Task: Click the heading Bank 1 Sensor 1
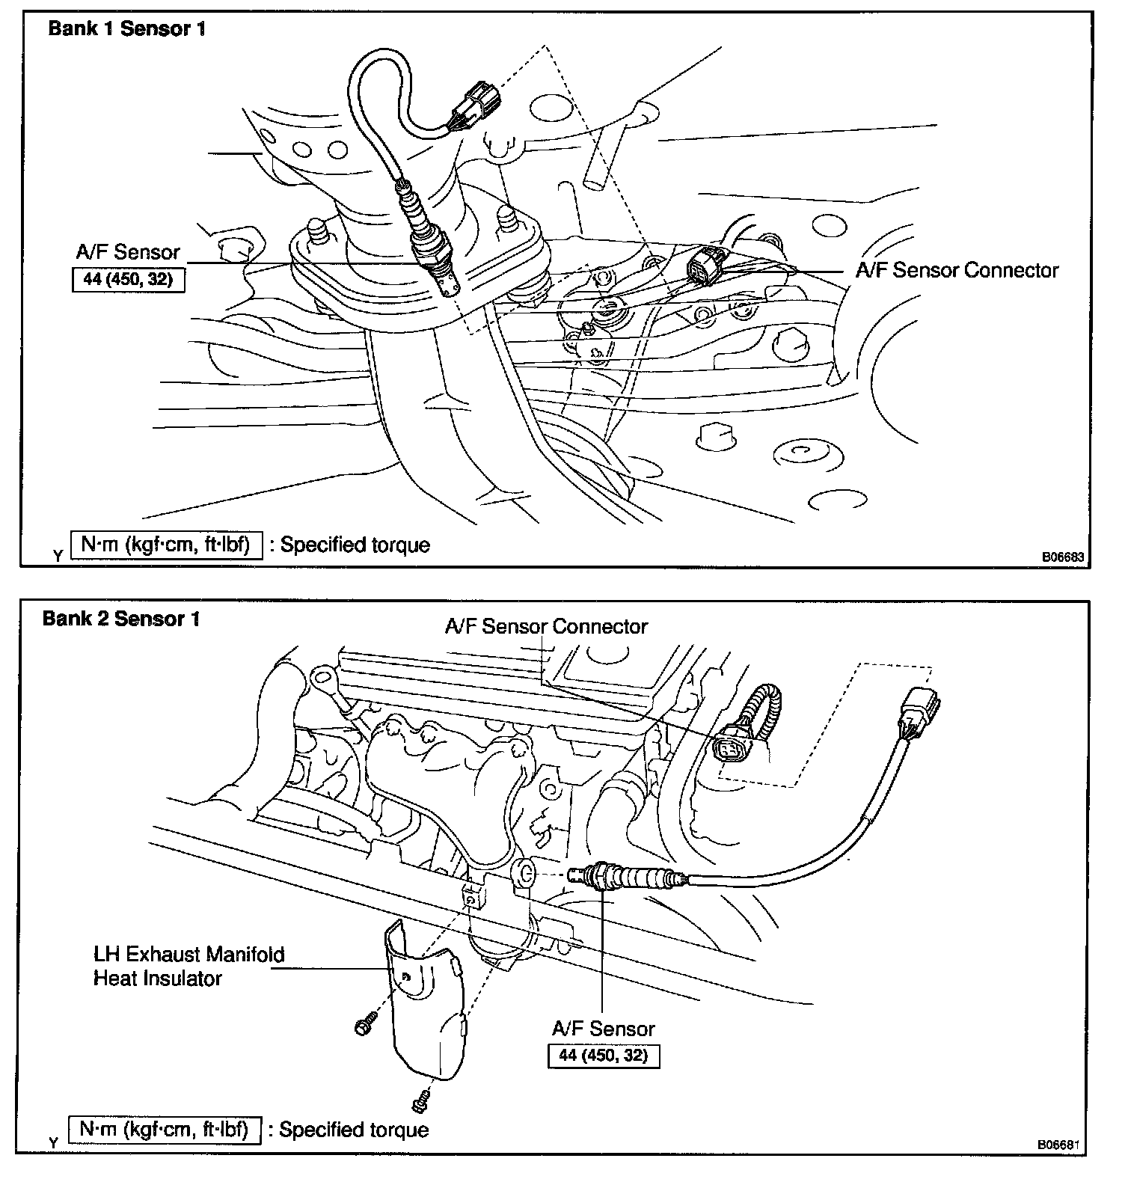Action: pos(126,29)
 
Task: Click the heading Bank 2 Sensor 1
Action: pos(121,619)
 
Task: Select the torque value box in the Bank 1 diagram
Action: pos(128,280)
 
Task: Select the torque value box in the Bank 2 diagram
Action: pos(603,1056)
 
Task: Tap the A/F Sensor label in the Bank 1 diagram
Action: pos(128,252)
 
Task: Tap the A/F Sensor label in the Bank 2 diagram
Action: pos(603,1029)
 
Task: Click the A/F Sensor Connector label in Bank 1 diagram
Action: pos(957,270)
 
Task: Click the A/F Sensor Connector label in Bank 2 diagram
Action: pos(546,626)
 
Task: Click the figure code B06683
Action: pos(1064,557)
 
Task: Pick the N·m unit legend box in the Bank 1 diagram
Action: pos(166,545)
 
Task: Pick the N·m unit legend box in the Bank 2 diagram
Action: pos(165,1129)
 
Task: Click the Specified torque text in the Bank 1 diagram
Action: pos(355,545)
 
